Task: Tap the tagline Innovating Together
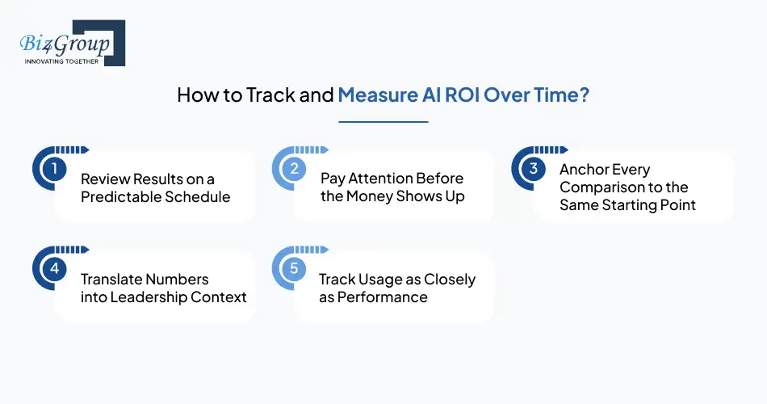click(x=61, y=61)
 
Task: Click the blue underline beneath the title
click(x=383, y=122)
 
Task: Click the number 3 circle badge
click(x=533, y=169)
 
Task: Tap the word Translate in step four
click(x=111, y=279)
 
